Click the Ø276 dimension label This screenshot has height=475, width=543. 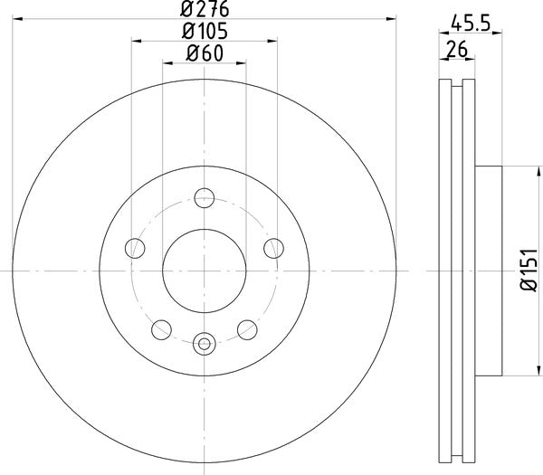[205, 9]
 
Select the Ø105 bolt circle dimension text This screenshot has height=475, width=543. [205, 32]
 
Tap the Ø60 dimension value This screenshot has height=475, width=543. [205, 53]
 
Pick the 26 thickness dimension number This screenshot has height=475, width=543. [458, 52]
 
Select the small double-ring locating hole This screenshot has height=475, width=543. [204, 343]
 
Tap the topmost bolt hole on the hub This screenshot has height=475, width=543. [205, 197]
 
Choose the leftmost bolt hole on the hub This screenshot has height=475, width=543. [135, 247]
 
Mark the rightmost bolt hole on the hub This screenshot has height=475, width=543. [273, 247]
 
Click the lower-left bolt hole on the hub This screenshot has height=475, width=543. [162, 329]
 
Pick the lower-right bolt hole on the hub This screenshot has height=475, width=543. [246, 329]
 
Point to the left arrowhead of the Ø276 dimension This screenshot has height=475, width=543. [17, 17]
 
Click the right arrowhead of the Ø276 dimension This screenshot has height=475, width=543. [393, 17]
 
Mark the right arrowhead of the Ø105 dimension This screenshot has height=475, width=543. [271, 39]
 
